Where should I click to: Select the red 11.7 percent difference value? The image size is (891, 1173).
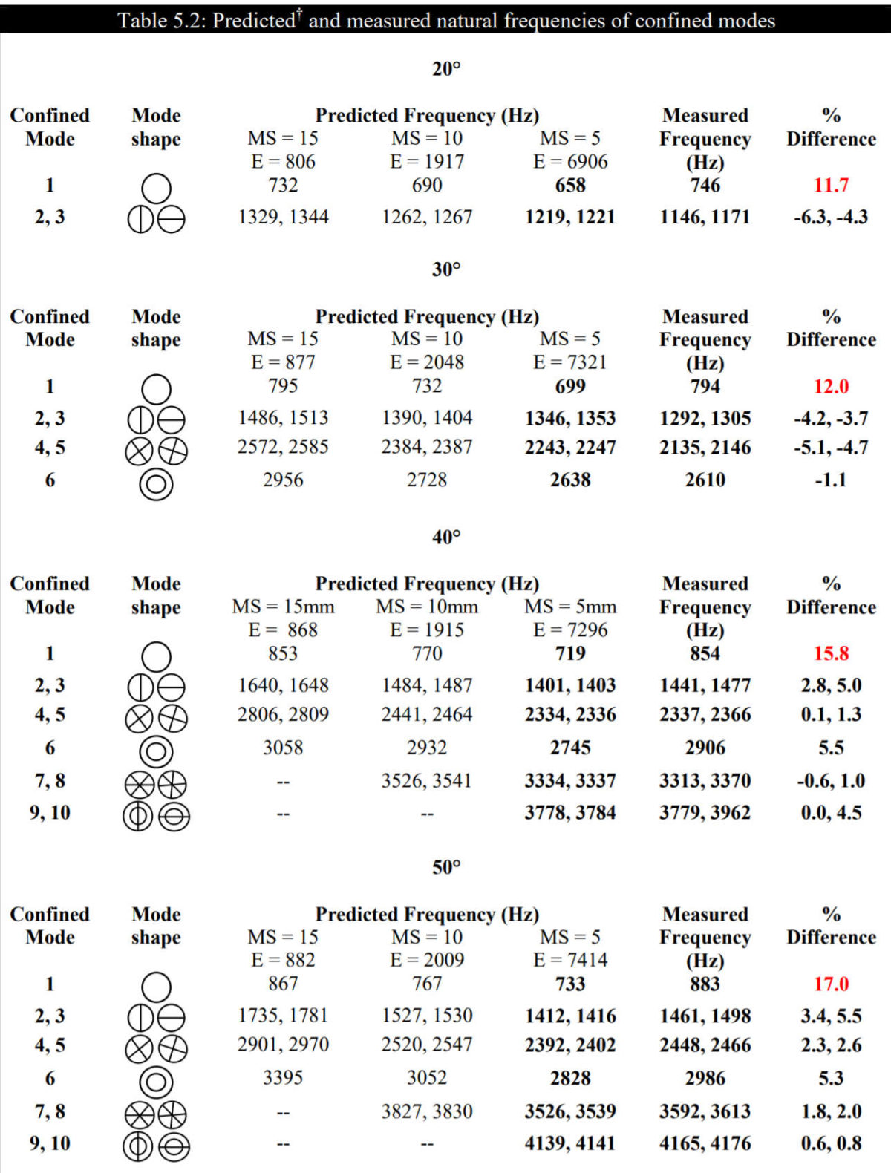[831, 185]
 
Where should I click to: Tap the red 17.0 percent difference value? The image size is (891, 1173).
[831, 984]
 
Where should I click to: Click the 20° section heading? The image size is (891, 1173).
[446, 69]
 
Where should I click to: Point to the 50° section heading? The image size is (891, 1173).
[446, 867]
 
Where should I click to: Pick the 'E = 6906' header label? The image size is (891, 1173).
[570, 161]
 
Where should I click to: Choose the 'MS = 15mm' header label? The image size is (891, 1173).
[284, 607]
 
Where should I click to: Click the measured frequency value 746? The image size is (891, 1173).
[705, 185]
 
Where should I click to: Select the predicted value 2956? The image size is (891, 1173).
[283, 480]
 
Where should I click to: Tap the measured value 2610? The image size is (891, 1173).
[705, 480]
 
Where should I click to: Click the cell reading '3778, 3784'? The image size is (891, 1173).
[570, 813]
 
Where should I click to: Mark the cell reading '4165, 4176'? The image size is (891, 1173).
[705, 1143]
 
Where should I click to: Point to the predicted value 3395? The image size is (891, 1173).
[283, 1077]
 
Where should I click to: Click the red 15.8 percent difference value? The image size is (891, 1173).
[831, 653]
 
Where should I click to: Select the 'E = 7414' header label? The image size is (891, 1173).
[570, 960]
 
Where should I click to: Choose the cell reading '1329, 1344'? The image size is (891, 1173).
[283, 217]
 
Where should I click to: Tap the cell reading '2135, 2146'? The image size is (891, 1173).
[705, 447]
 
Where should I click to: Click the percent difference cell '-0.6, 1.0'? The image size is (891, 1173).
[831, 781]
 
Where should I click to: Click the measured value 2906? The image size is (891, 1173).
[705, 747]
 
